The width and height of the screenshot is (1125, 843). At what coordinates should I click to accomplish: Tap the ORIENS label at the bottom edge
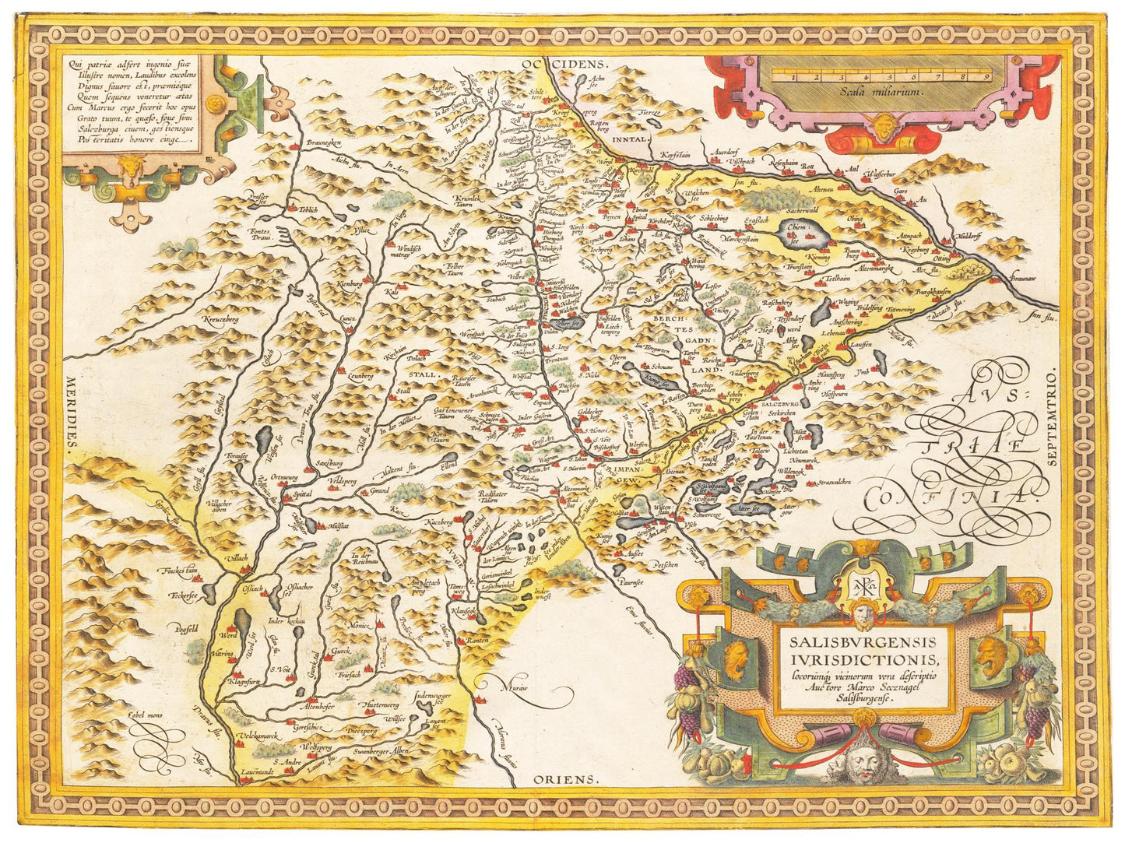(565, 778)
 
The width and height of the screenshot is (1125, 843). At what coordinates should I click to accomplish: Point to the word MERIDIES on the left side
(72, 412)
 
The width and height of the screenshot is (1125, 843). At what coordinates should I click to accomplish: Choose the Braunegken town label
(325, 142)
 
